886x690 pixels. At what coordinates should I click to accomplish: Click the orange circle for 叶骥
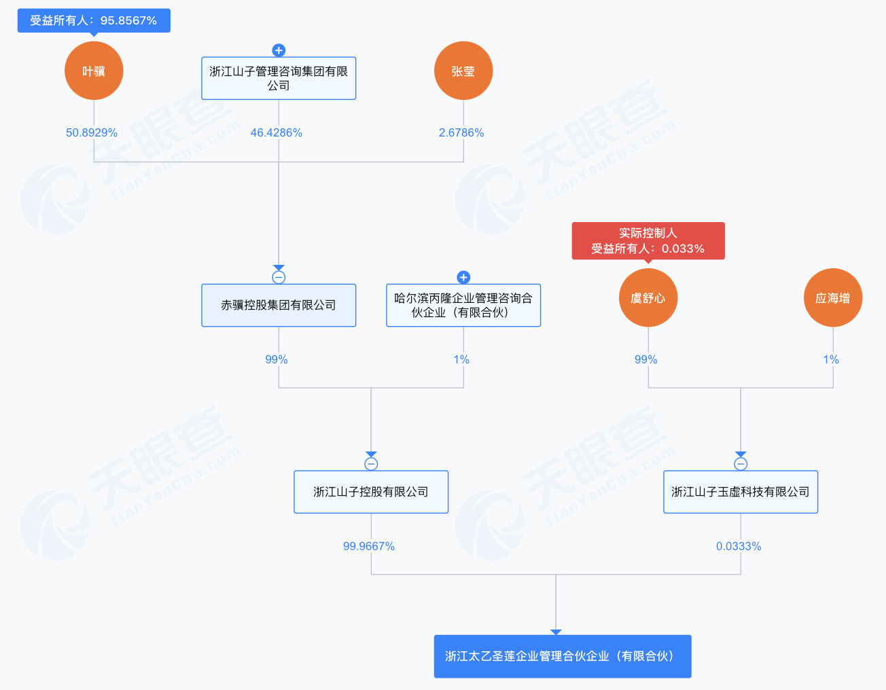pyautogui.click(x=94, y=71)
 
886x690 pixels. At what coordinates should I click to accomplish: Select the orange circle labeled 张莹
pyautogui.click(x=463, y=71)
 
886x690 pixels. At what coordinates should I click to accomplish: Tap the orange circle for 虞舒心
pyautogui.click(x=648, y=297)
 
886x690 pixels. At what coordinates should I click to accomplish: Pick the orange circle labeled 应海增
pyautogui.click(x=832, y=297)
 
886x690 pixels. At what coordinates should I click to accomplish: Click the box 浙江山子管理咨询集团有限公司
pyautogui.click(x=279, y=78)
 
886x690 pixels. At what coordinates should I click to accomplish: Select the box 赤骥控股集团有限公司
pyautogui.click(x=279, y=305)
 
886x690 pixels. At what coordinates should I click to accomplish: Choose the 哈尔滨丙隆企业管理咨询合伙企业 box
pyautogui.click(x=463, y=305)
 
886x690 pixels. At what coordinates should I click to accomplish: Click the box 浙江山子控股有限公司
pyautogui.click(x=371, y=492)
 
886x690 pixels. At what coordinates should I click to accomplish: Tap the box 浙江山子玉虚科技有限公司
pyautogui.click(x=741, y=492)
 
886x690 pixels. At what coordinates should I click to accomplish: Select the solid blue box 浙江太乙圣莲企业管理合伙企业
pyautogui.click(x=563, y=656)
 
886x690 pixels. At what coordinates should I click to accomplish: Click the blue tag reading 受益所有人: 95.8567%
pyautogui.click(x=94, y=20)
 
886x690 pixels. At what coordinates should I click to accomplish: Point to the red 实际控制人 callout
pyautogui.click(x=648, y=241)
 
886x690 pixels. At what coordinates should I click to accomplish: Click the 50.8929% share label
pyautogui.click(x=92, y=132)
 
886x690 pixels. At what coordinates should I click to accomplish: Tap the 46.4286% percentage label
pyautogui.click(x=277, y=132)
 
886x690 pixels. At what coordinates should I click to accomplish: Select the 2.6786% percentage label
pyautogui.click(x=461, y=132)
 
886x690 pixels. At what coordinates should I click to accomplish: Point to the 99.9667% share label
pyautogui.click(x=368, y=546)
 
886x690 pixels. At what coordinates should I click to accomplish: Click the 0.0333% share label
pyautogui.click(x=739, y=546)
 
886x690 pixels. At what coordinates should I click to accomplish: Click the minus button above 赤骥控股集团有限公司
pyautogui.click(x=279, y=278)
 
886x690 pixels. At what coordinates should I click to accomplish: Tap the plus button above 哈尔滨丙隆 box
pyautogui.click(x=463, y=278)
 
